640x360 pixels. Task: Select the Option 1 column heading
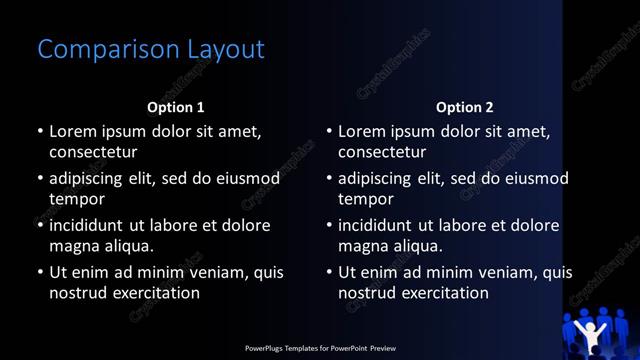(x=176, y=106)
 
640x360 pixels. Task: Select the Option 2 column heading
(x=465, y=106)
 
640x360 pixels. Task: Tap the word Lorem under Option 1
(x=73, y=131)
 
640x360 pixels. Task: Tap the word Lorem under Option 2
(x=362, y=131)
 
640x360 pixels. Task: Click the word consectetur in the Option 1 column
(x=93, y=152)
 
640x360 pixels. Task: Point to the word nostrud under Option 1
(x=78, y=293)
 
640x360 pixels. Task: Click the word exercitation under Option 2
(x=443, y=293)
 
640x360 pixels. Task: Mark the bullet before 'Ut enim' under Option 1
(x=39, y=272)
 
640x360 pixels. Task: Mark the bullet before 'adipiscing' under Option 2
(x=328, y=178)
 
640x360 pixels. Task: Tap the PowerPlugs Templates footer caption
(x=320, y=348)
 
